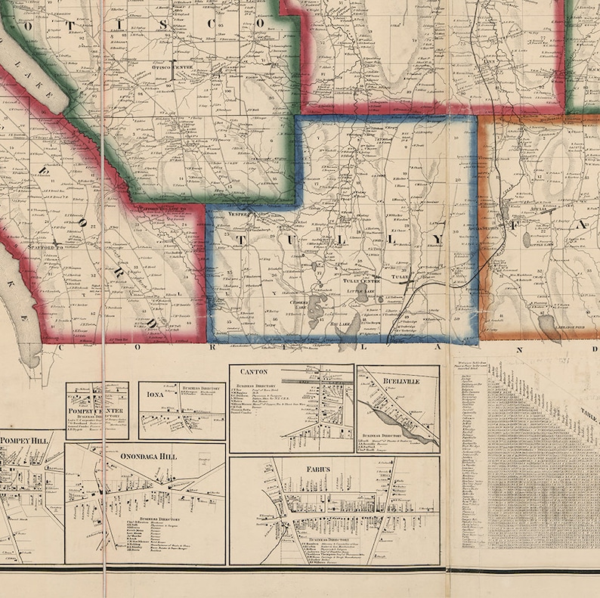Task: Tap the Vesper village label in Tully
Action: click(x=237, y=214)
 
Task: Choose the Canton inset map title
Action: click(x=254, y=372)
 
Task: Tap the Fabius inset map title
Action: click(x=318, y=469)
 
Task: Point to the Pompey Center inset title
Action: click(x=96, y=410)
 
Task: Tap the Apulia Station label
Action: click(x=487, y=227)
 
